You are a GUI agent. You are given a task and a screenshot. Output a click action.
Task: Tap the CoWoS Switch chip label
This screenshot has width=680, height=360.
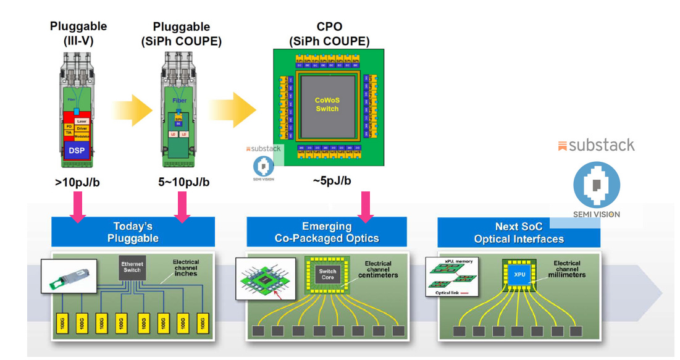(x=327, y=104)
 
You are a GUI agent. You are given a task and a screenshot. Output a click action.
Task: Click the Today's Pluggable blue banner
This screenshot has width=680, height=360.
(x=133, y=232)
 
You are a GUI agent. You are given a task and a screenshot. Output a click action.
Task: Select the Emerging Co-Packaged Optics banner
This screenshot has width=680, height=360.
(x=327, y=232)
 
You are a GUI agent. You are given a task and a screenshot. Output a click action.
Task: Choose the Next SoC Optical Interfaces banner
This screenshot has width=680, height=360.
(x=519, y=232)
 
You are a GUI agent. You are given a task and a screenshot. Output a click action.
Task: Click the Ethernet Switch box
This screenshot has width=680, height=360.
(x=132, y=267)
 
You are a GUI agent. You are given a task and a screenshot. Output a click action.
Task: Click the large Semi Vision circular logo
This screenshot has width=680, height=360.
(x=597, y=185)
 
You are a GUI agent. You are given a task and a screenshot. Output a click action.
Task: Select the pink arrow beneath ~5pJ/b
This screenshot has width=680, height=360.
(x=366, y=206)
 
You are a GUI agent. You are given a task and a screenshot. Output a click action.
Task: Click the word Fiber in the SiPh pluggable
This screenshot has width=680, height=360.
(x=180, y=100)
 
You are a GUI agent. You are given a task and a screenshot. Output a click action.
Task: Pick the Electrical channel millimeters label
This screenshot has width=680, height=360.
(x=566, y=270)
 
